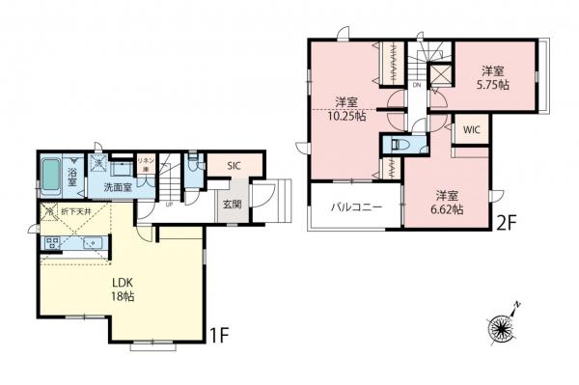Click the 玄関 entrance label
click(232, 204)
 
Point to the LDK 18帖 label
click(121, 289)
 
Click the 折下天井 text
click(76, 210)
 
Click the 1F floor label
click(220, 339)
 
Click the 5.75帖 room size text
click(494, 84)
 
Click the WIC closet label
click(472, 129)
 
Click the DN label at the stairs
click(416, 85)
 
